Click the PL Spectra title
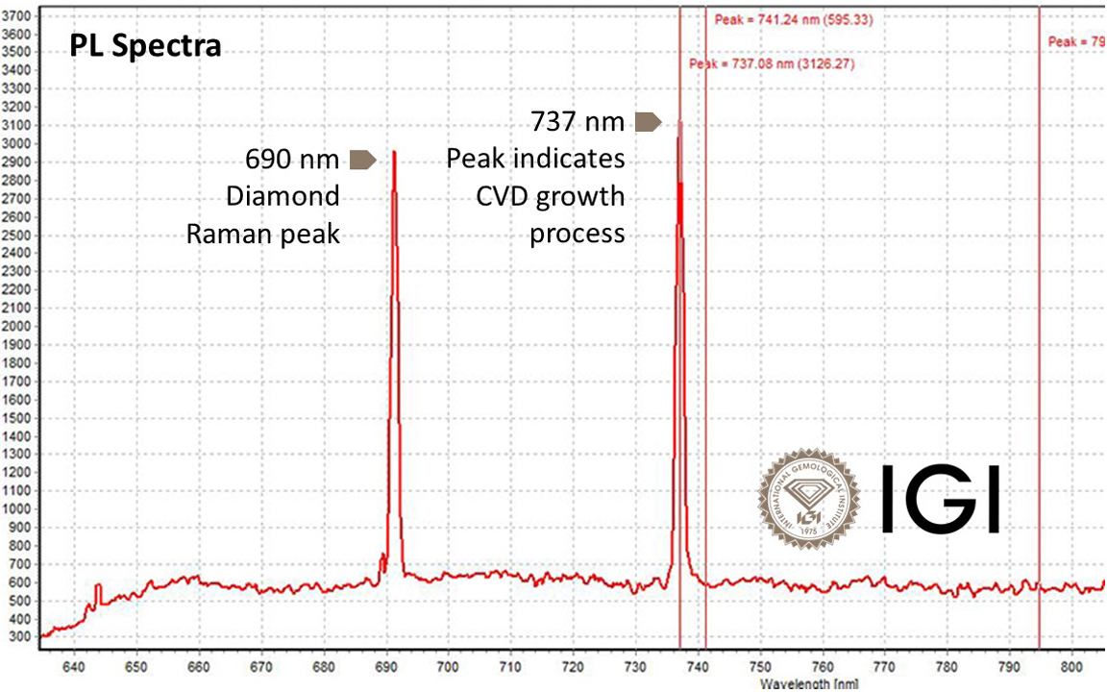(x=145, y=46)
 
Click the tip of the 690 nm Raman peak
(x=394, y=151)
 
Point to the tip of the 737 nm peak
(x=680, y=122)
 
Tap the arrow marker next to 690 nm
(x=362, y=160)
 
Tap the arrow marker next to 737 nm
(x=648, y=121)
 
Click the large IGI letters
(x=940, y=500)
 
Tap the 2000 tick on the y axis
(x=16, y=326)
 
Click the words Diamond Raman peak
(x=264, y=214)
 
